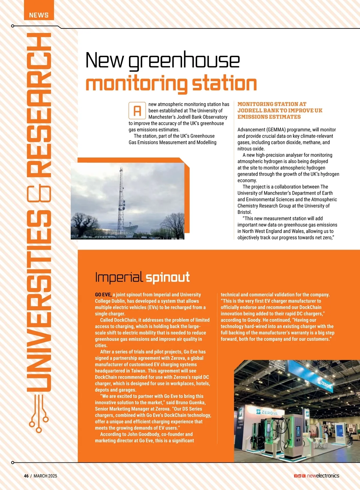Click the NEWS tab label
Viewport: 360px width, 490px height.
point(39,15)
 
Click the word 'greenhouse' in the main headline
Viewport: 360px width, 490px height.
point(184,61)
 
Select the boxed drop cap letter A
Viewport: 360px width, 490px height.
point(137,111)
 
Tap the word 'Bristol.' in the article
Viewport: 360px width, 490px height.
point(245,212)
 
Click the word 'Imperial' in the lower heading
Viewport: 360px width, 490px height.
point(119,277)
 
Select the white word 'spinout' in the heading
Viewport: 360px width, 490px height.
point(168,277)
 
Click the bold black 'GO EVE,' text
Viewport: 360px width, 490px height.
point(103,295)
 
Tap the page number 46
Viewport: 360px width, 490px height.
point(26,476)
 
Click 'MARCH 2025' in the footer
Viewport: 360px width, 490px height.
point(45,476)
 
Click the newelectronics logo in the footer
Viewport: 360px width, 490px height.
point(323,476)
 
